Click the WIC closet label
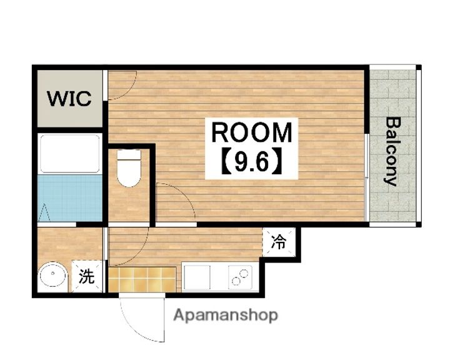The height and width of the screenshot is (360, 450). pyautogui.click(x=69, y=99)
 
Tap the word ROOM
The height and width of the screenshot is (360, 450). pyautogui.click(x=251, y=132)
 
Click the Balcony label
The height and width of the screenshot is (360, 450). pyautogui.click(x=392, y=152)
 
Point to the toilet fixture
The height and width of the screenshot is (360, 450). pyautogui.click(x=129, y=168)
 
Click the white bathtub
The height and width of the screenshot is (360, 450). pyautogui.click(x=70, y=154)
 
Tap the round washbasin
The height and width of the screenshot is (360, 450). pyautogui.click(x=52, y=274)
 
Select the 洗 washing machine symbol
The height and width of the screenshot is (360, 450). pyautogui.click(x=87, y=276)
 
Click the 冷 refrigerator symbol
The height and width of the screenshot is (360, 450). pyautogui.click(x=279, y=242)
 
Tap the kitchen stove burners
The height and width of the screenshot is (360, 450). pyautogui.click(x=240, y=277)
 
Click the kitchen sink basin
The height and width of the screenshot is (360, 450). pyautogui.click(x=197, y=277)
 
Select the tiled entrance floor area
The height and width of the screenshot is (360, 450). pyautogui.click(x=142, y=279)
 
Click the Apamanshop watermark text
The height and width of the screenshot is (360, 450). pyautogui.click(x=226, y=316)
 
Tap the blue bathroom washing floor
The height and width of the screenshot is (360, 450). pyautogui.click(x=70, y=198)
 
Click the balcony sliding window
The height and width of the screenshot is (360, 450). pyautogui.click(x=367, y=177)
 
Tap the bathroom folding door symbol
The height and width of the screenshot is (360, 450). pyautogui.click(x=44, y=212)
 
